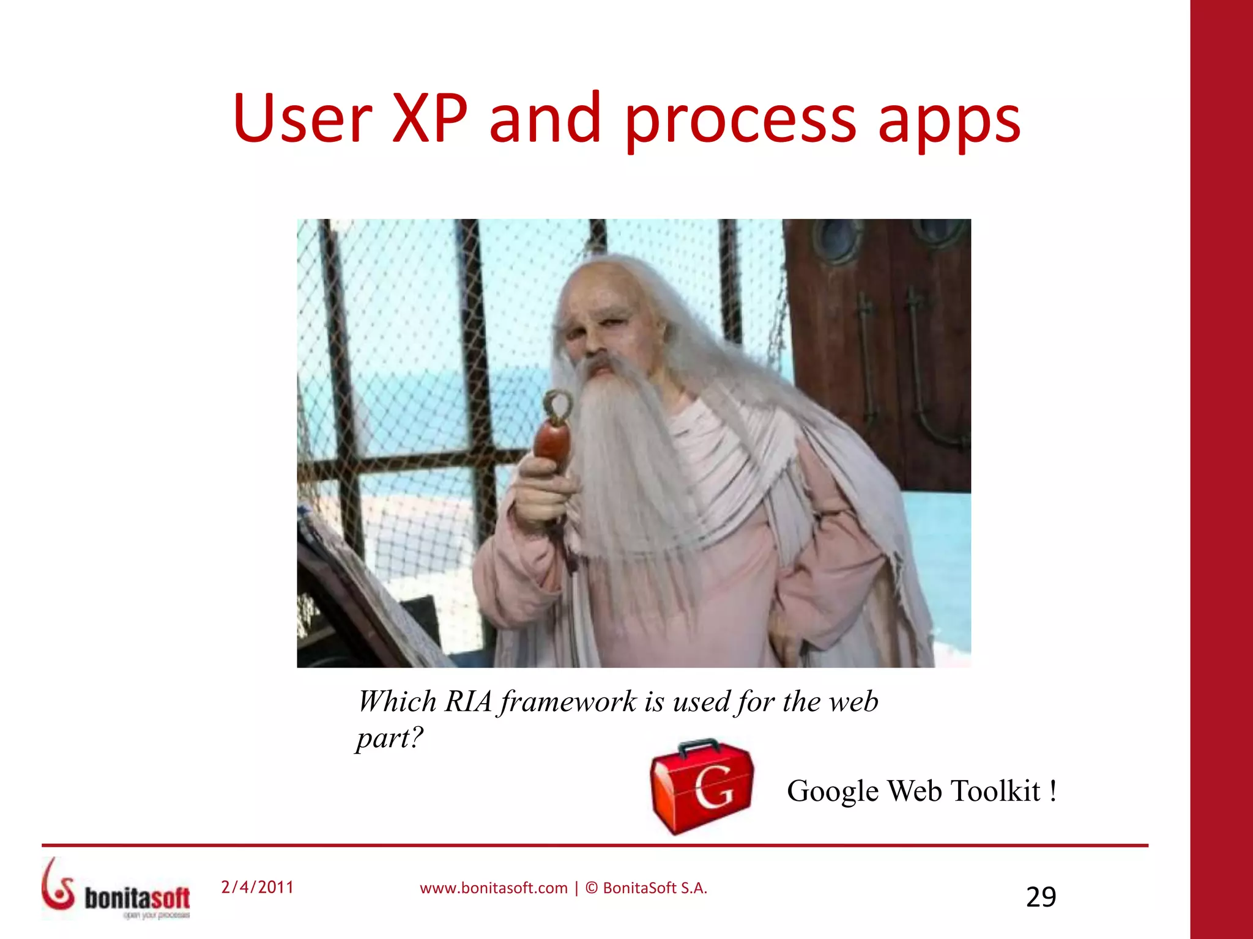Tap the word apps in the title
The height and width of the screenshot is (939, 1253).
tap(949, 122)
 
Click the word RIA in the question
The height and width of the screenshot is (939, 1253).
tap(468, 702)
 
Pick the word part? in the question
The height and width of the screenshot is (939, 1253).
tap(390, 738)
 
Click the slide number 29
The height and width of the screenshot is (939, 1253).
tap(1041, 897)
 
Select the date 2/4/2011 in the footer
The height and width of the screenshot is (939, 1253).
tap(258, 887)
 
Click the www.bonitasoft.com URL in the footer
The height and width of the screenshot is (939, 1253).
tap(493, 888)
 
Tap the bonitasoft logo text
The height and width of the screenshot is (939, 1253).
tap(137, 898)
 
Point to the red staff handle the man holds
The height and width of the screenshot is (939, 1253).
tap(552, 446)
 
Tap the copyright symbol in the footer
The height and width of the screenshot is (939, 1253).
tap(591, 888)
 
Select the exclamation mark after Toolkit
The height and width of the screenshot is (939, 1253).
tap(1052, 791)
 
